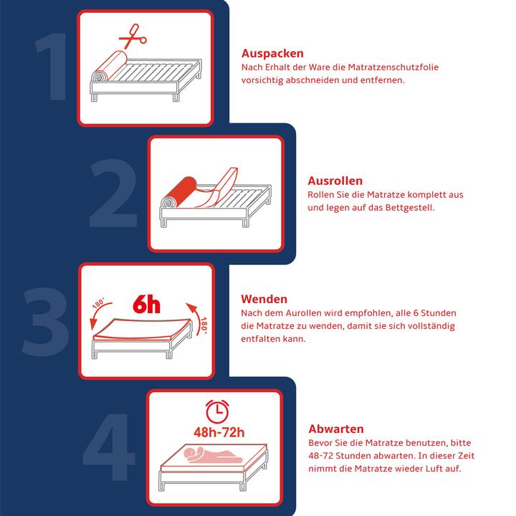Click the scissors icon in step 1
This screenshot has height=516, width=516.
tap(133, 37)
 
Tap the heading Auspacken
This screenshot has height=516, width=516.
tap(272, 53)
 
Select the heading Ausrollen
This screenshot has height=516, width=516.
tap(335, 181)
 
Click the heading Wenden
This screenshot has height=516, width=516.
tap(264, 299)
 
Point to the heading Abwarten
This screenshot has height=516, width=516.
tap(336, 429)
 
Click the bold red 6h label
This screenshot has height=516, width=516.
tap(146, 305)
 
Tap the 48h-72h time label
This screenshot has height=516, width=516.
tap(219, 432)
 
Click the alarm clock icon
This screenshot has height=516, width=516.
tap(218, 411)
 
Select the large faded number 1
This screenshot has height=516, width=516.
tap(52, 66)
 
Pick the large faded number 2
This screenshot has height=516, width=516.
tap(113, 193)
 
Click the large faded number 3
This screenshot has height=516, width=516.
tap(45, 322)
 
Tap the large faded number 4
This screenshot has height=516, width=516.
tap(109, 447)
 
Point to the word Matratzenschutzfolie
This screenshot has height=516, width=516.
tap(393, 67)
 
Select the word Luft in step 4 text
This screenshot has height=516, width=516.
tap(430, 468)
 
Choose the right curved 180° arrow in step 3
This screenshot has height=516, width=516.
tap(196, 317)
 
